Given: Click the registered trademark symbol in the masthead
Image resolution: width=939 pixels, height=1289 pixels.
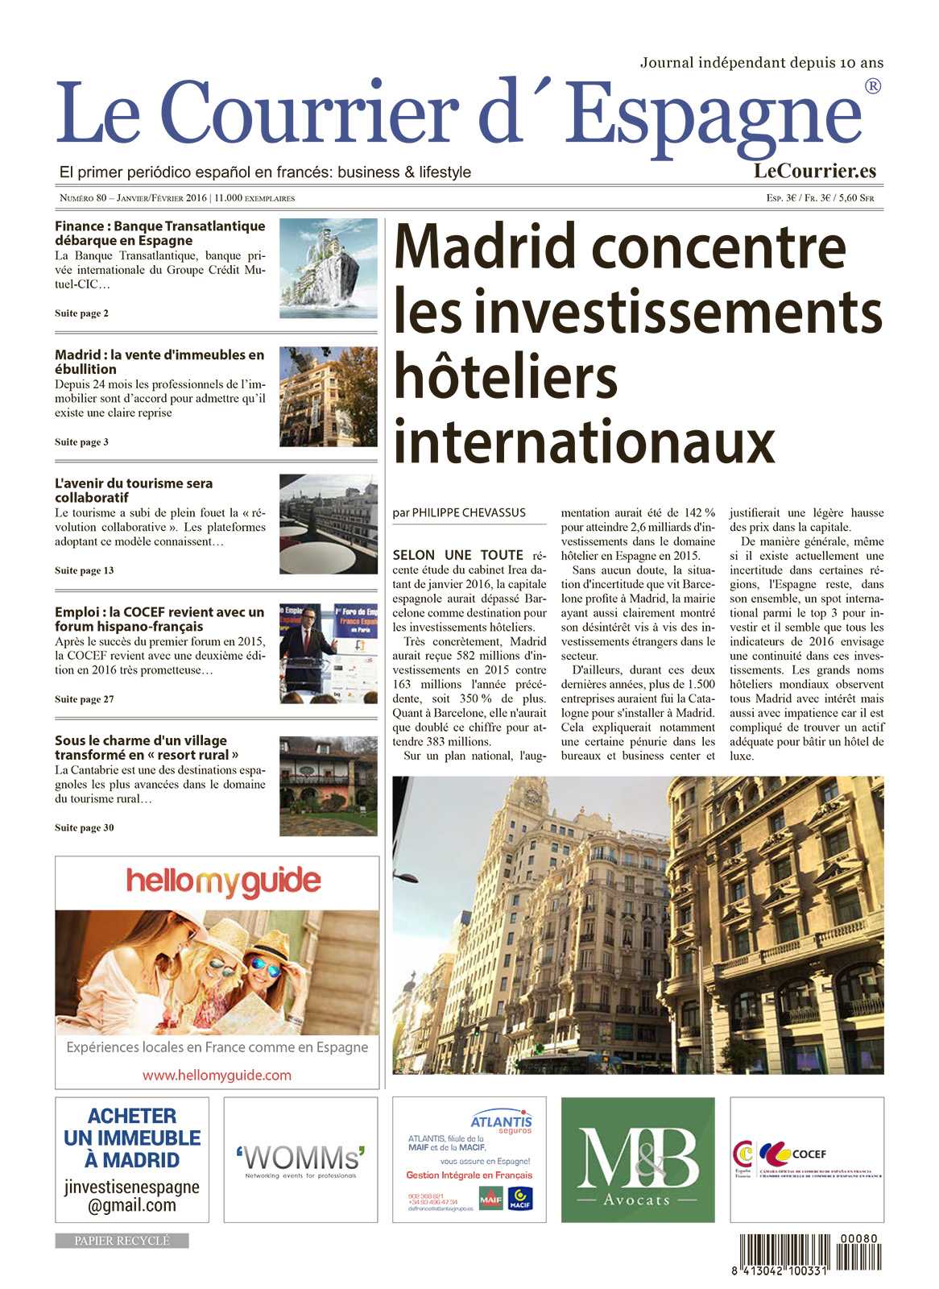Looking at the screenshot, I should (871, 86).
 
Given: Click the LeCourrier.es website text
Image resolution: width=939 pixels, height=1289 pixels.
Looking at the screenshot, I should (814, 170).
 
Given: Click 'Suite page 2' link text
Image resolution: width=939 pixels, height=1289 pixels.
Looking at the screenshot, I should (81, 313).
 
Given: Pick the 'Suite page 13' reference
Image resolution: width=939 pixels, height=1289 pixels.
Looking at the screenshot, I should (84, 570).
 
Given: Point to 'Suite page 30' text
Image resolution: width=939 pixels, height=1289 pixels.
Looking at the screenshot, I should (84, 827).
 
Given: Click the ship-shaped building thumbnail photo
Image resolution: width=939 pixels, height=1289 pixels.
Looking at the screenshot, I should (328, 267).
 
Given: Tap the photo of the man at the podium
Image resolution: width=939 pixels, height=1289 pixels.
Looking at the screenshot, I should (328, 653).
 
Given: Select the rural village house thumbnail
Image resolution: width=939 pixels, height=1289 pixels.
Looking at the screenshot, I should (328, 785).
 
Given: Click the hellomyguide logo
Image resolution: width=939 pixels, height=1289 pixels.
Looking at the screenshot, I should (223, 881).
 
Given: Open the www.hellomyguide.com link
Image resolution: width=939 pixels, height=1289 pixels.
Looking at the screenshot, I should (217, 1075).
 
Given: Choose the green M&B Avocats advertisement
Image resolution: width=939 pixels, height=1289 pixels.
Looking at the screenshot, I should (637, 1159).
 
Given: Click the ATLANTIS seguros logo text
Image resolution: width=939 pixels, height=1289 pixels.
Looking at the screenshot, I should (501, 1123).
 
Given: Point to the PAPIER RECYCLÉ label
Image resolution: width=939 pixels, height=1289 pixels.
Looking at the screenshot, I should (122, 1241).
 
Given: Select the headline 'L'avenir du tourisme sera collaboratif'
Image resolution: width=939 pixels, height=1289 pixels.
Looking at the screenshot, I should (134, 490).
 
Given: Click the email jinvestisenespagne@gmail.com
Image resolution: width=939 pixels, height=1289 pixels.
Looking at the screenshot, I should (132, 1196).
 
